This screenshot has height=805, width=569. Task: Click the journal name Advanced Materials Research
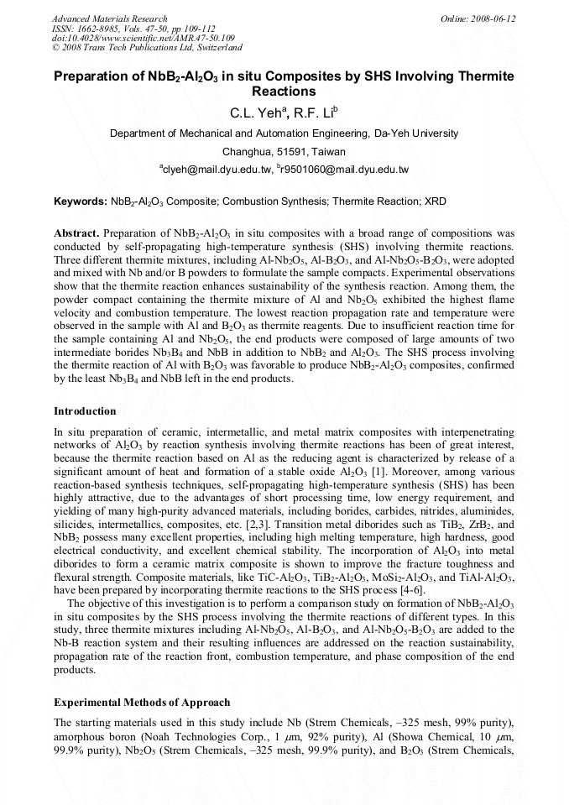pos(109,18)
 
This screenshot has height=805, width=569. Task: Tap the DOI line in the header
pos(143,38)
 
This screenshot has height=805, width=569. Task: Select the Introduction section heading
pos(85,410)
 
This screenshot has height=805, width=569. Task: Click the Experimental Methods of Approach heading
pos(142,702)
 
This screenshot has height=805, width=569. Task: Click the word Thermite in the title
pos(485,76)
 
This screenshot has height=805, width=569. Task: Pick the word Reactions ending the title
pos(284,91)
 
